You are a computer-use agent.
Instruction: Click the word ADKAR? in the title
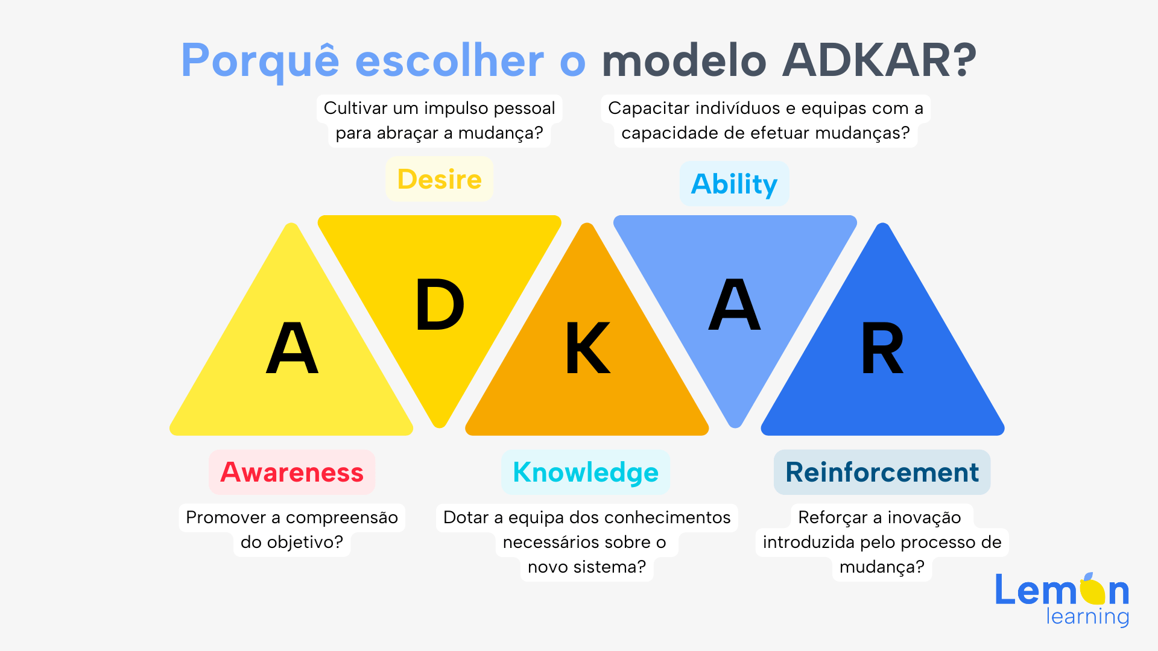[879, 60]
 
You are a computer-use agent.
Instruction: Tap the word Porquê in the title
[261, 61]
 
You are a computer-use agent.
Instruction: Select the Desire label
[440, 179]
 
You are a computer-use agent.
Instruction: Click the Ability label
[734, 184]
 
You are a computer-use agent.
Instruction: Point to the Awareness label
[292, 472]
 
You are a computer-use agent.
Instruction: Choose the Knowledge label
[586, 473]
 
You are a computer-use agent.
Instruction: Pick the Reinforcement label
[882, 472]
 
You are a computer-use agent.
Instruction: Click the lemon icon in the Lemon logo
[1092, 589]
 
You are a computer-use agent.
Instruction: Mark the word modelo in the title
[684, 60]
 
